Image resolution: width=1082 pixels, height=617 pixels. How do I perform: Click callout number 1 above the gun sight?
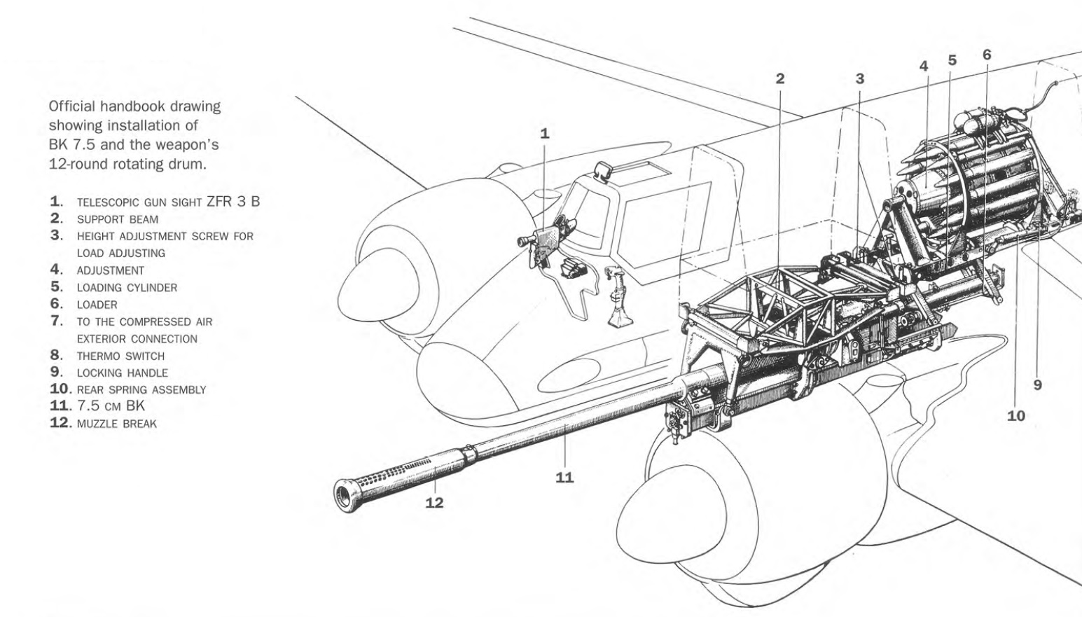pos(545,133)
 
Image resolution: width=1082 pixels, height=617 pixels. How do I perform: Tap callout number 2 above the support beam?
pos(780,78)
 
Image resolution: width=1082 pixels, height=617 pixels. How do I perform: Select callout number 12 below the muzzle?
pos(434,502)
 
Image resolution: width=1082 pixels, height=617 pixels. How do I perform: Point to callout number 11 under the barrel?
pos(564,477)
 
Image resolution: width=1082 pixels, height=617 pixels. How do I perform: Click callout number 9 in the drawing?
pos(1037,384)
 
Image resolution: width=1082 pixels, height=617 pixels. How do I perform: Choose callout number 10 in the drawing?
pos(1015,415)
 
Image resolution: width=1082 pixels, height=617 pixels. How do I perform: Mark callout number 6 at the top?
pos(987,54)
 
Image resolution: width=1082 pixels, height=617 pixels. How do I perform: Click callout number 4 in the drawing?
pos(924,66)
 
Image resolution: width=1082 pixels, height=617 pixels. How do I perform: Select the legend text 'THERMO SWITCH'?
pos(120,356)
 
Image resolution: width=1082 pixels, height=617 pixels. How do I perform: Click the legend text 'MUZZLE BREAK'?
pos(116,424)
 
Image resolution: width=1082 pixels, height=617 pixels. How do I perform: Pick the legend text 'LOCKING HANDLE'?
pos(122,373)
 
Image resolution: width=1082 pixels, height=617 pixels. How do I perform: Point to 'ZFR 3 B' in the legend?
pos(233,202)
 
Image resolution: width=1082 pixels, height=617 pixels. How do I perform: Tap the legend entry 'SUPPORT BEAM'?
pos(117,219)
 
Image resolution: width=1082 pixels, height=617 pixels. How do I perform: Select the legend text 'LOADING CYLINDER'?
pos(127,288)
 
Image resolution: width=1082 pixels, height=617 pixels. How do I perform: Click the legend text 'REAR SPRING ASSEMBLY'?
pos(141,390)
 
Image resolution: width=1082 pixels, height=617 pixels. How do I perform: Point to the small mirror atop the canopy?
pos(602,170)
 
